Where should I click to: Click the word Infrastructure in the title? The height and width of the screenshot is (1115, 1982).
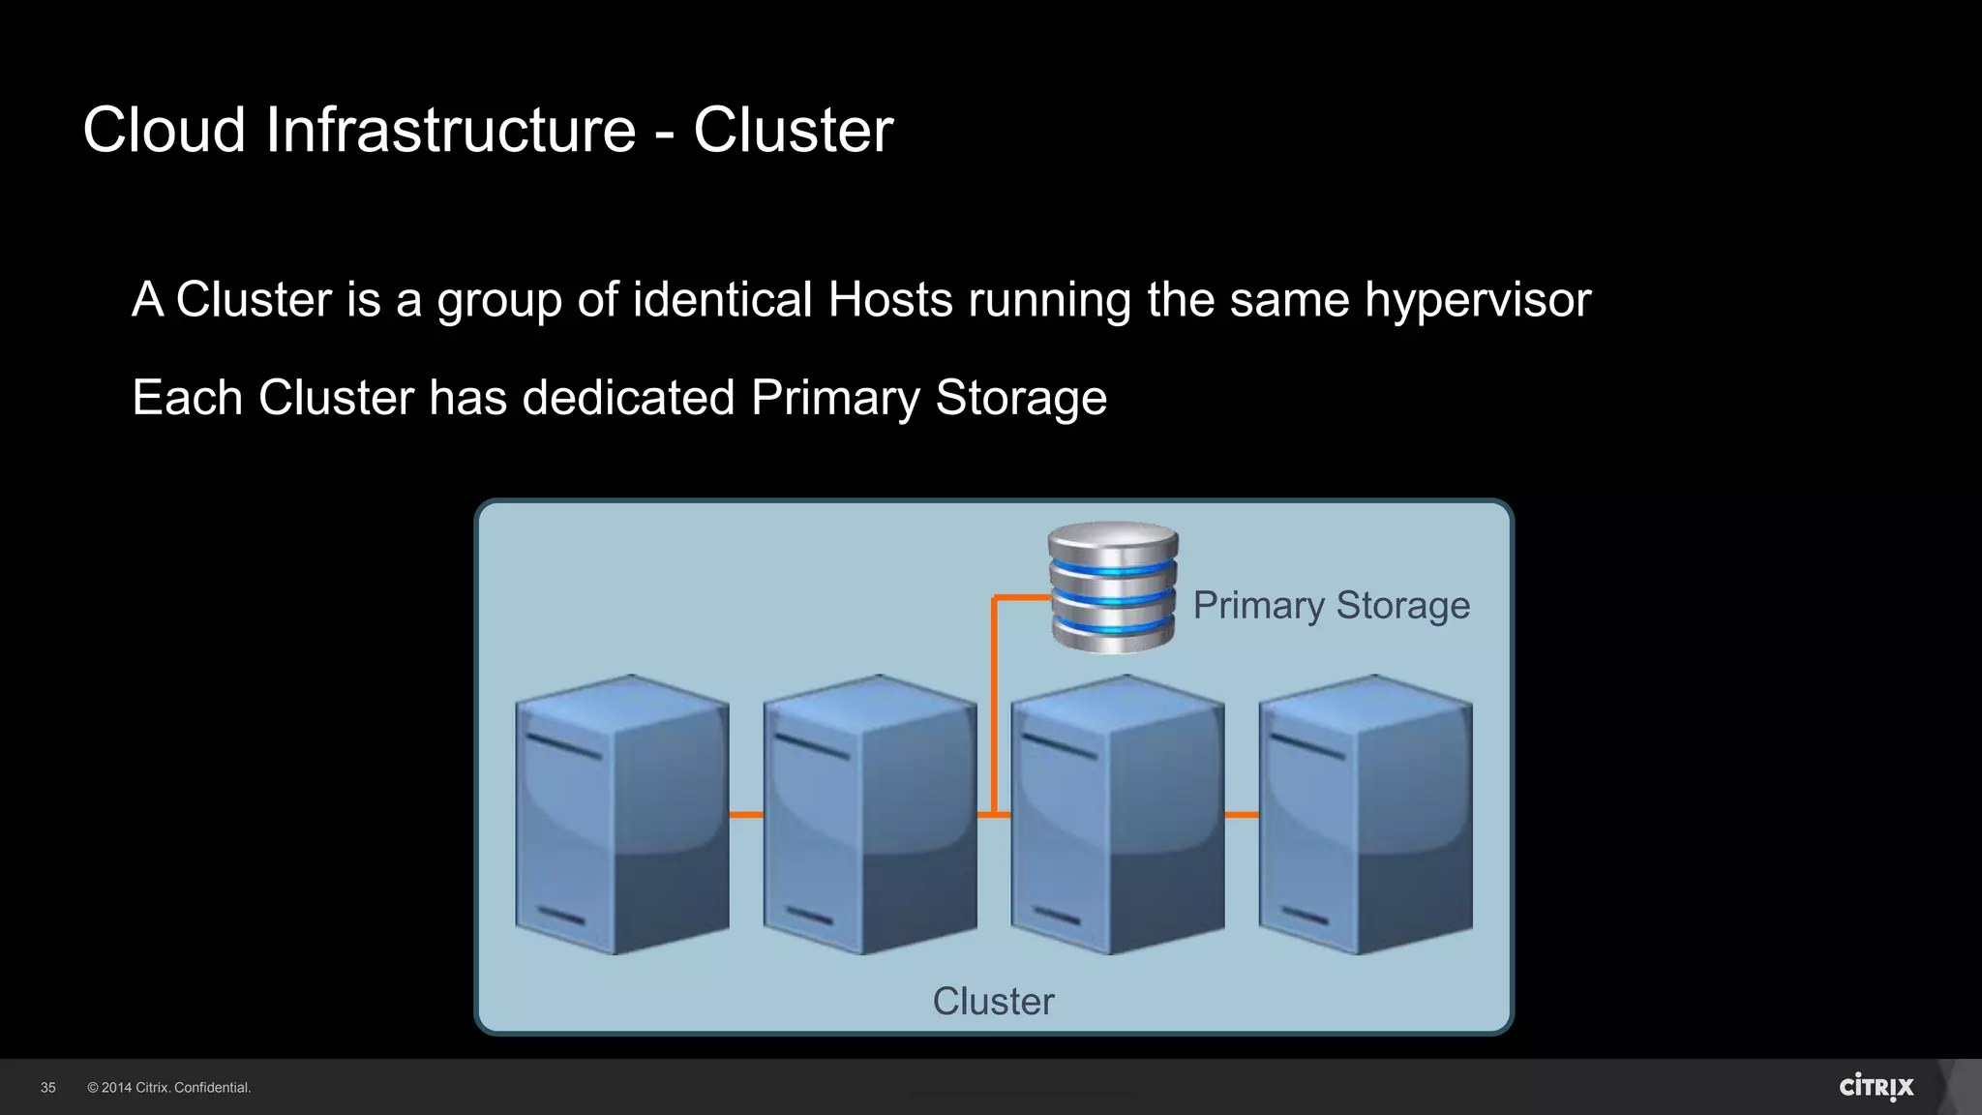450,130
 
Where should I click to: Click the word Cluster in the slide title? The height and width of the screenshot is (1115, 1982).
793,130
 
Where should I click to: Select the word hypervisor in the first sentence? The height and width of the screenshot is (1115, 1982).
1478,300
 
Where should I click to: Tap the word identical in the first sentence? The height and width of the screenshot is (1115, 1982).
722,300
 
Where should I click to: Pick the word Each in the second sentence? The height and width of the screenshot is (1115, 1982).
187,398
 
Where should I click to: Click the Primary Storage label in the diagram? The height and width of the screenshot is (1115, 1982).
1331,606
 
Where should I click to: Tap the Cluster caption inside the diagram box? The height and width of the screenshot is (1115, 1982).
993,1002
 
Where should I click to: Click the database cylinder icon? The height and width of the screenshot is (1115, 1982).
1113,588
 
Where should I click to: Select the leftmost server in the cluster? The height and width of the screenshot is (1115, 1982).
621,815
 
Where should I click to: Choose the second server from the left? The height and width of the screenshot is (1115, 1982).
869,815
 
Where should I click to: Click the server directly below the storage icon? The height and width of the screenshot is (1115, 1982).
1117,815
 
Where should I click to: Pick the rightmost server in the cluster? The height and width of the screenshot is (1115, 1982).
1365,815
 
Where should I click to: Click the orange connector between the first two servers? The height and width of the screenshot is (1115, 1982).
746,815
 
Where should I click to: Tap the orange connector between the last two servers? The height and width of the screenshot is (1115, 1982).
1242,815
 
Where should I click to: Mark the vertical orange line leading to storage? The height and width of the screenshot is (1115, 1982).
994,707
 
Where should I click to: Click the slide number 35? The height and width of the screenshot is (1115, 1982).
48,1088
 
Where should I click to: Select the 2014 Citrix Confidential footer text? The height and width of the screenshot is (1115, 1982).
169,1088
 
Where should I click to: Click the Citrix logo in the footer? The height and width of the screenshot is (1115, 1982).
1876,1087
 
